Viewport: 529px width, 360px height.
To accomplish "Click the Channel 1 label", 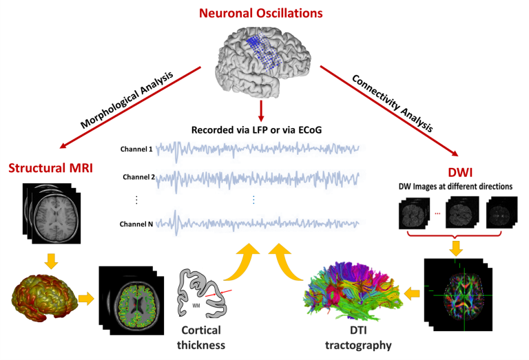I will click(137, 149).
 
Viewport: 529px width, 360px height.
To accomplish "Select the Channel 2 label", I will click(137, 177).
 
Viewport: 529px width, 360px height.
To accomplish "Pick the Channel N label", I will click(137, 224).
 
